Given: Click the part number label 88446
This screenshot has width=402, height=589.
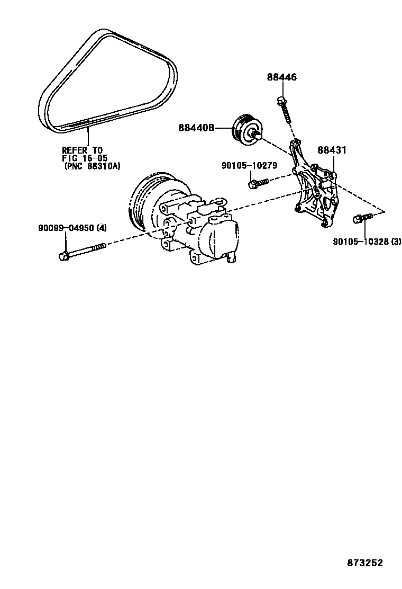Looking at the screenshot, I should pyautogui.click(x=281, y=77).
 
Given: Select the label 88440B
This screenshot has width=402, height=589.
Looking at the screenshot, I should pyautogui.click(x=196, y=128).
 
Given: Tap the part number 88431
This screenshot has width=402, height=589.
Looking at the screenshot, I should pyautogui.click(x=332, y=150).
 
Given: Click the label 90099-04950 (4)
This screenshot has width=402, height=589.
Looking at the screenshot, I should pyautogui.click(x=72, y=228).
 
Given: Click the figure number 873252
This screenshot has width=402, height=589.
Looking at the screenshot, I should pyautogui.click(x=364, y=563).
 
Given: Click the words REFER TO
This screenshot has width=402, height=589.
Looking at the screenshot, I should pyautogui.click(x=82, y=150).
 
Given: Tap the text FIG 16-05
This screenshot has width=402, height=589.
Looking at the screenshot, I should pyautogui.click(x=85, y=158).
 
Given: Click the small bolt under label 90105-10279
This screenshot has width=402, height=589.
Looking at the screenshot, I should pyautogui.click(x=258, y=183).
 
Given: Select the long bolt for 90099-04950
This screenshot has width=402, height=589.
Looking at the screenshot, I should pyautogui.click(x=82, y=251).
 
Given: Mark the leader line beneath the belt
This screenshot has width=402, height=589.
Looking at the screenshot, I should pyautogui.click(x=88, y=138).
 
